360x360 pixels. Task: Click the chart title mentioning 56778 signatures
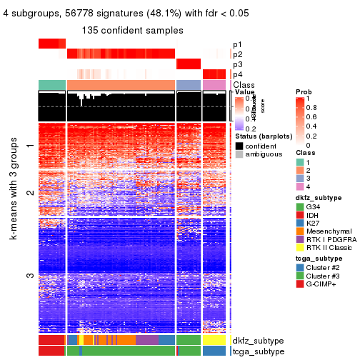(135, 15)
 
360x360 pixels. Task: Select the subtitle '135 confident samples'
(135, 31)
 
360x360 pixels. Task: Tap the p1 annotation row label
(237, 44)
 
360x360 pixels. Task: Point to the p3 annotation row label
(237, 64)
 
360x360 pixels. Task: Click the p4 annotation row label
(237, 74)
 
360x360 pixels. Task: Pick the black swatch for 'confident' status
(239, 145)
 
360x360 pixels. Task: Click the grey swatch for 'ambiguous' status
(239, 154)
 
